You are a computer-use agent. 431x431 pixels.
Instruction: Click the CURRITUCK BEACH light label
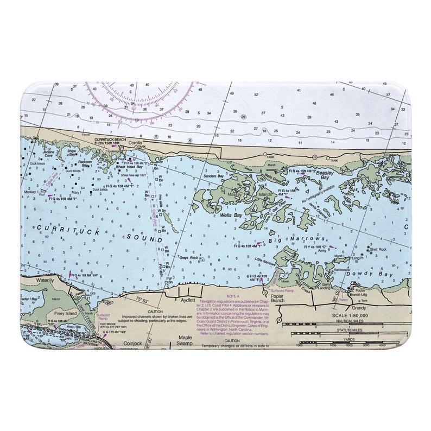point(110,140)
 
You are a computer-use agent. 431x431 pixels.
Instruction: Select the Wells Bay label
point(231,215)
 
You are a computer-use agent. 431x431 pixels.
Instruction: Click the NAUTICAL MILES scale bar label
point(350,321)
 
